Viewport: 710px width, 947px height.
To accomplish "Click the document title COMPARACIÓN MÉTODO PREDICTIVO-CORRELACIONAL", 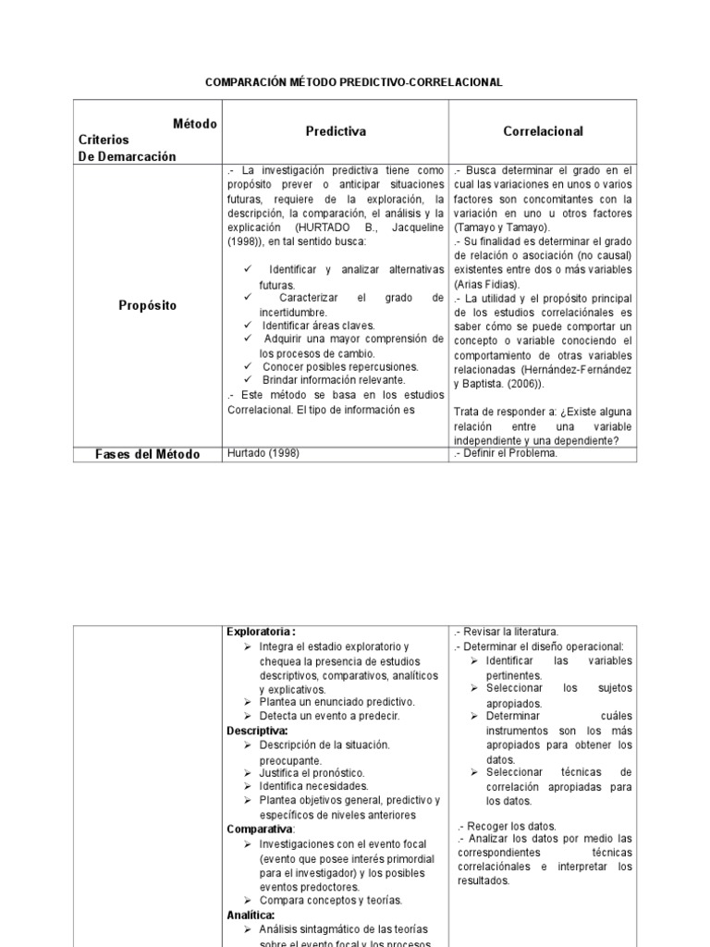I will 353,82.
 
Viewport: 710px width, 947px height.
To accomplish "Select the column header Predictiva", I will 336,131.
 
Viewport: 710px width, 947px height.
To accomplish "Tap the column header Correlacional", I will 543,131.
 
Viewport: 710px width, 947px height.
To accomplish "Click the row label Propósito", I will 147,304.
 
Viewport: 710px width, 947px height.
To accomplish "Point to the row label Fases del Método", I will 148,454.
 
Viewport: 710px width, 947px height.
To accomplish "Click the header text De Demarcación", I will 127,156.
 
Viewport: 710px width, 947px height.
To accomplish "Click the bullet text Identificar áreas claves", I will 318,326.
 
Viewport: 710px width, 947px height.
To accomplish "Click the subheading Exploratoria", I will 261,632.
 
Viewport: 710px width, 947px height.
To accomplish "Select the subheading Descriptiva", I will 257,731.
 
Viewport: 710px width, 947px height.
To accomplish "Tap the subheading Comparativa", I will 260,829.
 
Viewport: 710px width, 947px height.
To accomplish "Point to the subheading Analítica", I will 251,914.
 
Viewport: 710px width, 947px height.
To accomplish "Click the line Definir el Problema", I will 509,453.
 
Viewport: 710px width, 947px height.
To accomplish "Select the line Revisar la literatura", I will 512,632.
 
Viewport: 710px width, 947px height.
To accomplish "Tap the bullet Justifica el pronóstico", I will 312,772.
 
